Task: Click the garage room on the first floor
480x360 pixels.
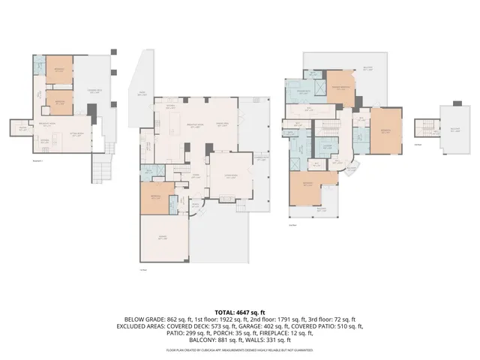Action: click(x=162, y=239)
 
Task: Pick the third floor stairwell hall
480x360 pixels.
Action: click(x=428, y=129)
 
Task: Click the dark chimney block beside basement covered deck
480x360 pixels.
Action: click(x=92, y=110)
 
